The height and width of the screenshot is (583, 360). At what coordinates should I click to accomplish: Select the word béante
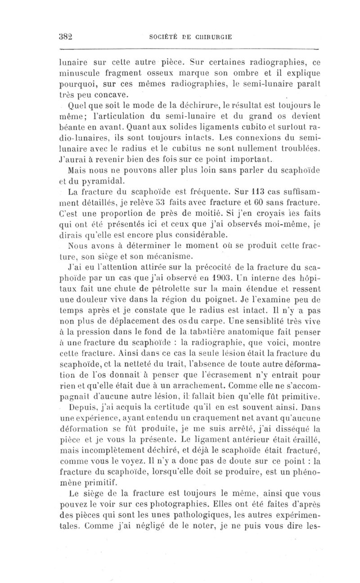[75, 128]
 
